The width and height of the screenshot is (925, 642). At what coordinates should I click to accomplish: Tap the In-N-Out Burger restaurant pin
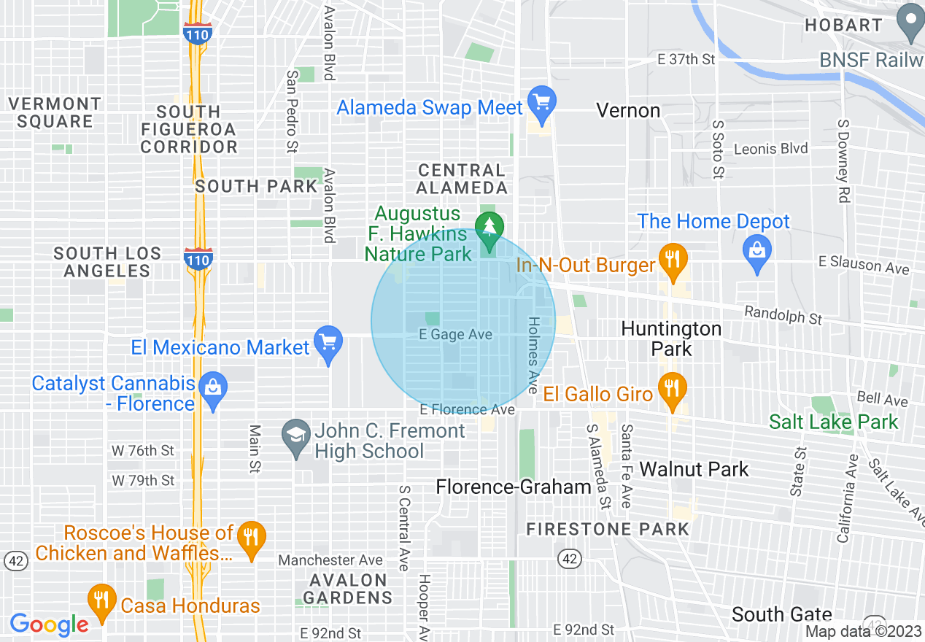pyautogui.click(x=673, y=260)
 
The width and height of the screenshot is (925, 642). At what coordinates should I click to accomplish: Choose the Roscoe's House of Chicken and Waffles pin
pyautogui.click(x=252, y=538)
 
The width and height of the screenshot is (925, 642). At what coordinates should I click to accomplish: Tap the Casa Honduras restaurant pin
pyautogui.click(x=101, y=601)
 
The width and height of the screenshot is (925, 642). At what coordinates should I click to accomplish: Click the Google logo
pyautogui.click(x=50, y=624)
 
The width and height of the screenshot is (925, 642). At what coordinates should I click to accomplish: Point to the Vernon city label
pyautogui.click(x=628, y=111)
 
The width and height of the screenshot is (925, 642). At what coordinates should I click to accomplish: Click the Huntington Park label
pyautogui.click(x=671, y=339)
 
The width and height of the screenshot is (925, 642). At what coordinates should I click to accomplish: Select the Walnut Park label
pyautogui.click(x=694, y=469)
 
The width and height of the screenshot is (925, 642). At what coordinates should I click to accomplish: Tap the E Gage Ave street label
pyautogui.click(x=455, y=335)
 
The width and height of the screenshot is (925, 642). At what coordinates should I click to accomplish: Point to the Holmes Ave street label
pyautogui.click(x=533, y=351)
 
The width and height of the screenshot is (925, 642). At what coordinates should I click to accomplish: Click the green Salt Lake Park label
pyautogui.click(x=834, y=422)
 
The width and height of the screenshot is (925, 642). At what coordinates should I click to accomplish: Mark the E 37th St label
pyautogui.click(x=686, y=60)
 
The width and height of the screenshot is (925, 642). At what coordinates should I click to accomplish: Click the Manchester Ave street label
pyautogui.click(x=330, y=560)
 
